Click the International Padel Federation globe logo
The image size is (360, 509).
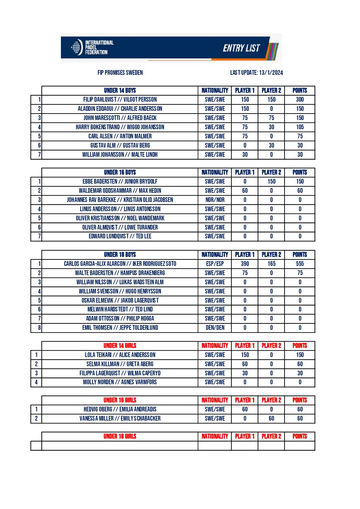pos(77,47)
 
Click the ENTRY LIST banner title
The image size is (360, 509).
pos(241,48)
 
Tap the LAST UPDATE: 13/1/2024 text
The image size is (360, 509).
pos(256,72)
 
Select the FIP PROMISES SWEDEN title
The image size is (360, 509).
pos(120,72)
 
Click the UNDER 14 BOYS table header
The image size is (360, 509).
pos(120,90)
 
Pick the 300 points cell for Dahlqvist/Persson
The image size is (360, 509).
pos(300,100)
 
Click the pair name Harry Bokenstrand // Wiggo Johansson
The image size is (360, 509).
pos(120,127)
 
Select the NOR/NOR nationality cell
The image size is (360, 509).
pos(215,200)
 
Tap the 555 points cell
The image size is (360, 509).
pos(300,264)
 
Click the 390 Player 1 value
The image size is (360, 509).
pos(245,264)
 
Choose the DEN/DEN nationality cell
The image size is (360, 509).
pos(215,328)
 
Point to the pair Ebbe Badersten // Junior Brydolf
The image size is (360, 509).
pos(120,182)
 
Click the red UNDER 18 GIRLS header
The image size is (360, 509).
pos(120,436)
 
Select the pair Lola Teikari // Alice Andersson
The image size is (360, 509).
pos(120,355)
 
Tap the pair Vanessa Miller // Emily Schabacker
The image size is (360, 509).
pos(120,419)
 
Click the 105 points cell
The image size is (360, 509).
pos(300,127)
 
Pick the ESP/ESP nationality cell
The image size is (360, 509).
pos(215,264)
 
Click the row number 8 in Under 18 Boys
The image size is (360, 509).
pos(39,328)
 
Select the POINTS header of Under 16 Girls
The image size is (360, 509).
pos(300,400)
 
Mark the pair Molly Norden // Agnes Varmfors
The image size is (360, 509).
pos(120,382)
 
